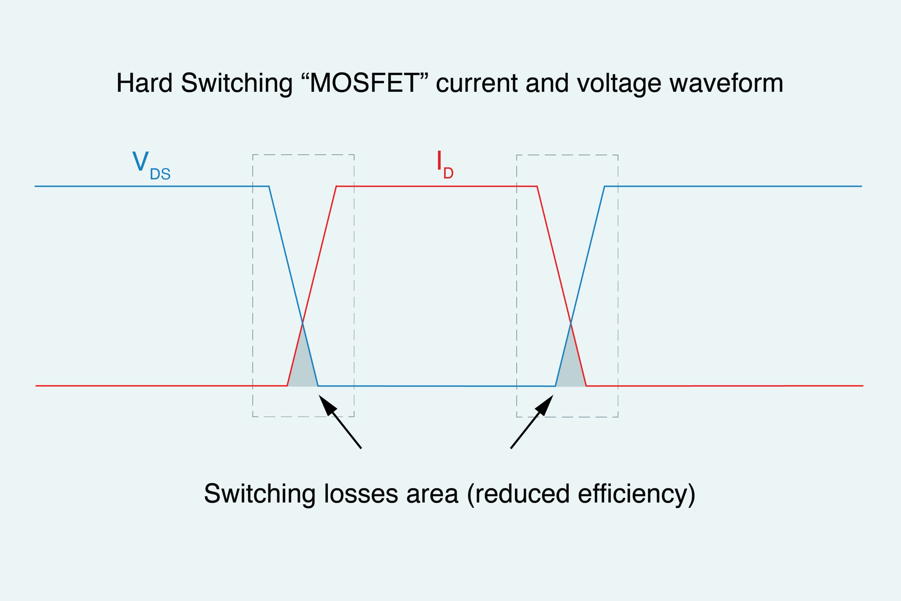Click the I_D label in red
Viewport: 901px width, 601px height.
pos(445,165)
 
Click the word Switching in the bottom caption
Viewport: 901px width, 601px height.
pos(260,494)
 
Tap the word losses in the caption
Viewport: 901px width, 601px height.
pos(361,494)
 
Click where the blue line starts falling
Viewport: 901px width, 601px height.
pos(269,186)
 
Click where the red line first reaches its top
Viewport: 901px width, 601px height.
pos(336,186)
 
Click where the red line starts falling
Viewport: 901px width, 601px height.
pos(537,186)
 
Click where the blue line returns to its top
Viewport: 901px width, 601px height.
pos(604,186)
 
